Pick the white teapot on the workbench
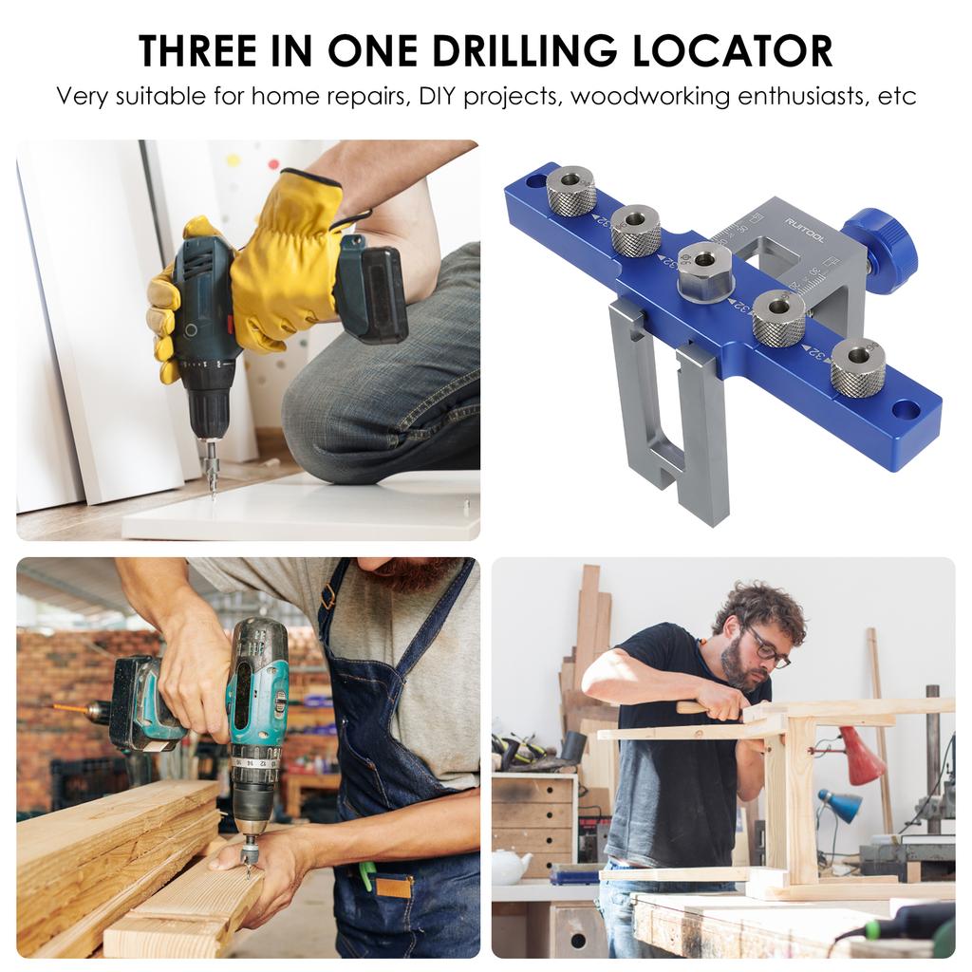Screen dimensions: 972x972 point(512,866)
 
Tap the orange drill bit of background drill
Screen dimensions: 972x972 point(66,708)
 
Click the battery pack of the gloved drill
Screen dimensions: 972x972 point(373,294)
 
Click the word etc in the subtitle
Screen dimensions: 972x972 point(895,97)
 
